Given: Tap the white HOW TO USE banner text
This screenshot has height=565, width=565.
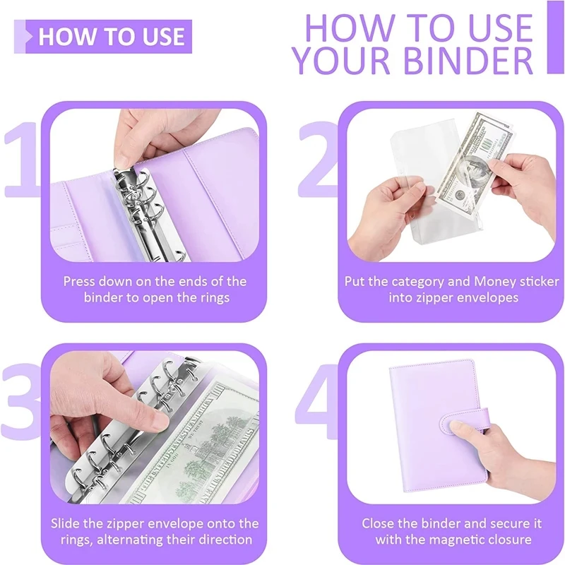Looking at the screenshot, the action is (112, 37).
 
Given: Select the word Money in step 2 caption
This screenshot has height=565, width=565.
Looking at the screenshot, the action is (495, 281).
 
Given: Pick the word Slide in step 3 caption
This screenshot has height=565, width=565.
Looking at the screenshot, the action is (63, 523).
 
